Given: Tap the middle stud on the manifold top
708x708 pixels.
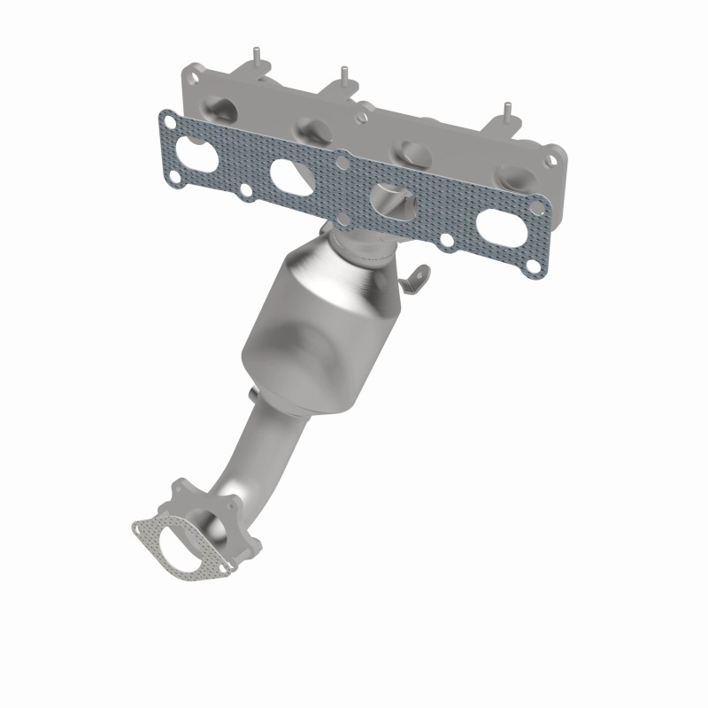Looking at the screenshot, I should pos(342,73).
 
